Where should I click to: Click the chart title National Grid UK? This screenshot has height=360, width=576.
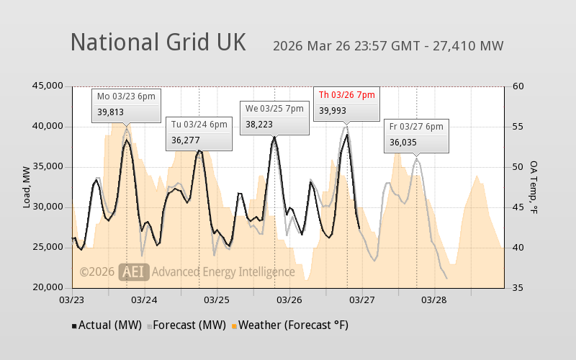tap(158, 42)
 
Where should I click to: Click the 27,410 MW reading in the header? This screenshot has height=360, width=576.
tap(471, 46)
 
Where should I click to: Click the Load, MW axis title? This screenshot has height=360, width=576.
tap(27, 187)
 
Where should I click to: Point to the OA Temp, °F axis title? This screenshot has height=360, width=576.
tap(534, 187)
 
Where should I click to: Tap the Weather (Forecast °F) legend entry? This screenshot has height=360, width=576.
tap(289, 325)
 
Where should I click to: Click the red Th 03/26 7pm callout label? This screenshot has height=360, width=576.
tap(346, 94)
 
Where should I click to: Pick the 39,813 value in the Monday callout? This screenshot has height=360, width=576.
tap(111, 112)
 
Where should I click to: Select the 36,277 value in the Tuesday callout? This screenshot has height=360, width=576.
tap(185, 140)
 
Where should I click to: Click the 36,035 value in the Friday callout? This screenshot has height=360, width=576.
tap(403, 143)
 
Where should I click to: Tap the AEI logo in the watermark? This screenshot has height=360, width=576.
tap(134, 271)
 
